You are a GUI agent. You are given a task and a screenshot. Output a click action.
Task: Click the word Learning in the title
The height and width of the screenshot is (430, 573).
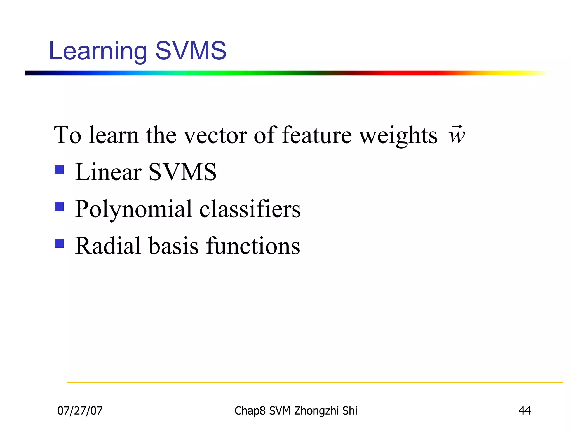[x=98, y=51]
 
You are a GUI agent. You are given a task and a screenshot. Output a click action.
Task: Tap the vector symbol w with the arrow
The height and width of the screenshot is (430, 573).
[x=457, y=135]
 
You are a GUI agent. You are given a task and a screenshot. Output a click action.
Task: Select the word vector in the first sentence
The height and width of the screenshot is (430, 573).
[x=215, y=135]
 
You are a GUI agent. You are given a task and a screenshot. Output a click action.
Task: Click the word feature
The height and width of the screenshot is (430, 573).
[x=317, y=135]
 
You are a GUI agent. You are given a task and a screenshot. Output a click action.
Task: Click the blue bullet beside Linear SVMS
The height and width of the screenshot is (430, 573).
[x=59, y=170]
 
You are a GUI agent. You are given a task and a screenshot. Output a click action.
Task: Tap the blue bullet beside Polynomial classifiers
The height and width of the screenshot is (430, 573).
[x=59, y=207]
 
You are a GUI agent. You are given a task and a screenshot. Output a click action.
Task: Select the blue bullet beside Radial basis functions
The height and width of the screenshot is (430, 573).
[x=59, y=244]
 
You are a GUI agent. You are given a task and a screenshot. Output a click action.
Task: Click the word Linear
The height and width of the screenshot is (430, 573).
[x=108, y=172]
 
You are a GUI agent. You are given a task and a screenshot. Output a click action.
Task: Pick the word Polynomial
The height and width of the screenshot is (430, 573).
[x=133, y=209]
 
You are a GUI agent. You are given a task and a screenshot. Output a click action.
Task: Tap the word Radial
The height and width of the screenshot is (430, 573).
[x=108, y=246]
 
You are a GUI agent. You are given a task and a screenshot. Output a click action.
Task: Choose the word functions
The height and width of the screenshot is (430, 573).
[x=253, y=246]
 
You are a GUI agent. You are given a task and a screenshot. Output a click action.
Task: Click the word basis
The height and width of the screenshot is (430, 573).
[x=173, y=246]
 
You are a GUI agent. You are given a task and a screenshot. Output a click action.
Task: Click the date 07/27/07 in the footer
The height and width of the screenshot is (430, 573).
[x=80, y=411]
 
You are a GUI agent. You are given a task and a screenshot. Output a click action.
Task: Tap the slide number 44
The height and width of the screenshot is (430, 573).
[x=525, y=411]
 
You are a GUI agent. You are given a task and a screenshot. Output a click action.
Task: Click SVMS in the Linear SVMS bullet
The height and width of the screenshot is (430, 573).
[x=182, y=172]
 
